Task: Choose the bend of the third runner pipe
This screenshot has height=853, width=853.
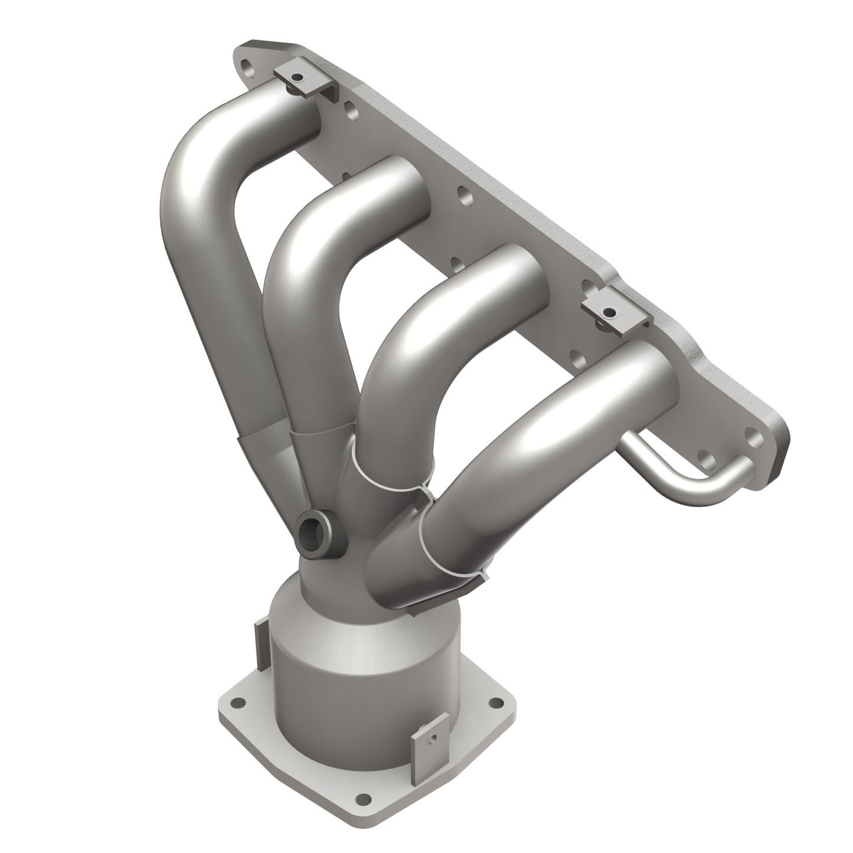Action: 407,307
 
